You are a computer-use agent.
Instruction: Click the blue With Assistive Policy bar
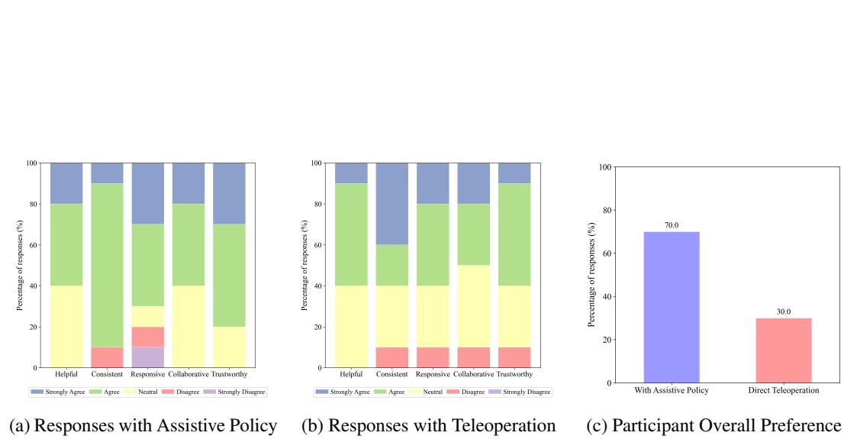(672, 307)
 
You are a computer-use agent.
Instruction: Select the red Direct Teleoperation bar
(784, 350)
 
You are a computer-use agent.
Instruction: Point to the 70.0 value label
(672, 226)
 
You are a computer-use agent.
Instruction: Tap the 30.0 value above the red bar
(784, 312)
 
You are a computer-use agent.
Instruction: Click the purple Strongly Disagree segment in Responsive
(147, 357)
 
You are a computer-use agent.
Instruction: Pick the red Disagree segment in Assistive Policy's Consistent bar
(107, 357)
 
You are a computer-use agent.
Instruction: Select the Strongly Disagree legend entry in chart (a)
(239, 392)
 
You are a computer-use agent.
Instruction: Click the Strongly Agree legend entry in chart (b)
(342, 392)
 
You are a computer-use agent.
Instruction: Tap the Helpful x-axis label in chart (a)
(66, 374)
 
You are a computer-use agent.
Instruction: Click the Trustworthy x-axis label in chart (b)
(515, 374)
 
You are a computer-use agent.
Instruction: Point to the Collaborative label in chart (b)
(474, 374)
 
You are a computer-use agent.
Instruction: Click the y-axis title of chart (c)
(591, 275)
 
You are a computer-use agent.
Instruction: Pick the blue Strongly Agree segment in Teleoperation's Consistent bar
(392, 203)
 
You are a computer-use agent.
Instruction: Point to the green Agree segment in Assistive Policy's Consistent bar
(107, 265)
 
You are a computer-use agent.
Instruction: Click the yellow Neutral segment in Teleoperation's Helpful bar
(351, 327)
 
